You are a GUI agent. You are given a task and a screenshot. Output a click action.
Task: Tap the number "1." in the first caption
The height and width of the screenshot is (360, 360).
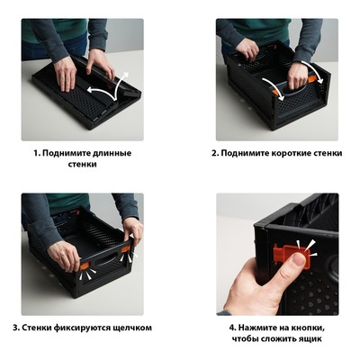click(x=37, y=153)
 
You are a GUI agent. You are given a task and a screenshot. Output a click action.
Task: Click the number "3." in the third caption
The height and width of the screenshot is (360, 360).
click(x=16, y=328)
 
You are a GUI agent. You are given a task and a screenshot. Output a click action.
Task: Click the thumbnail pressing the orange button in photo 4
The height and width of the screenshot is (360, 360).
click(x=299, y=259)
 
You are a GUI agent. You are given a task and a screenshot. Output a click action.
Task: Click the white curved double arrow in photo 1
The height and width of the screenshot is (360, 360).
click(x=110, y=89)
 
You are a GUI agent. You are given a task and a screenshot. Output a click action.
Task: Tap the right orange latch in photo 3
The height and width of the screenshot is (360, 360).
click(x=125, y=248)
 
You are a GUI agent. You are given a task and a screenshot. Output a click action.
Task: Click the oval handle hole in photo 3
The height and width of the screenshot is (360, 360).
click(x=105, y=258)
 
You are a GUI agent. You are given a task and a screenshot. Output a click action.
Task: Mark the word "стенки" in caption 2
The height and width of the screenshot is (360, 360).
click(x=328, y=153)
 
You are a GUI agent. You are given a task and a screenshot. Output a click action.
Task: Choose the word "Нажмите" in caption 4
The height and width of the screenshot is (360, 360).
click(x=259, y=328)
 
